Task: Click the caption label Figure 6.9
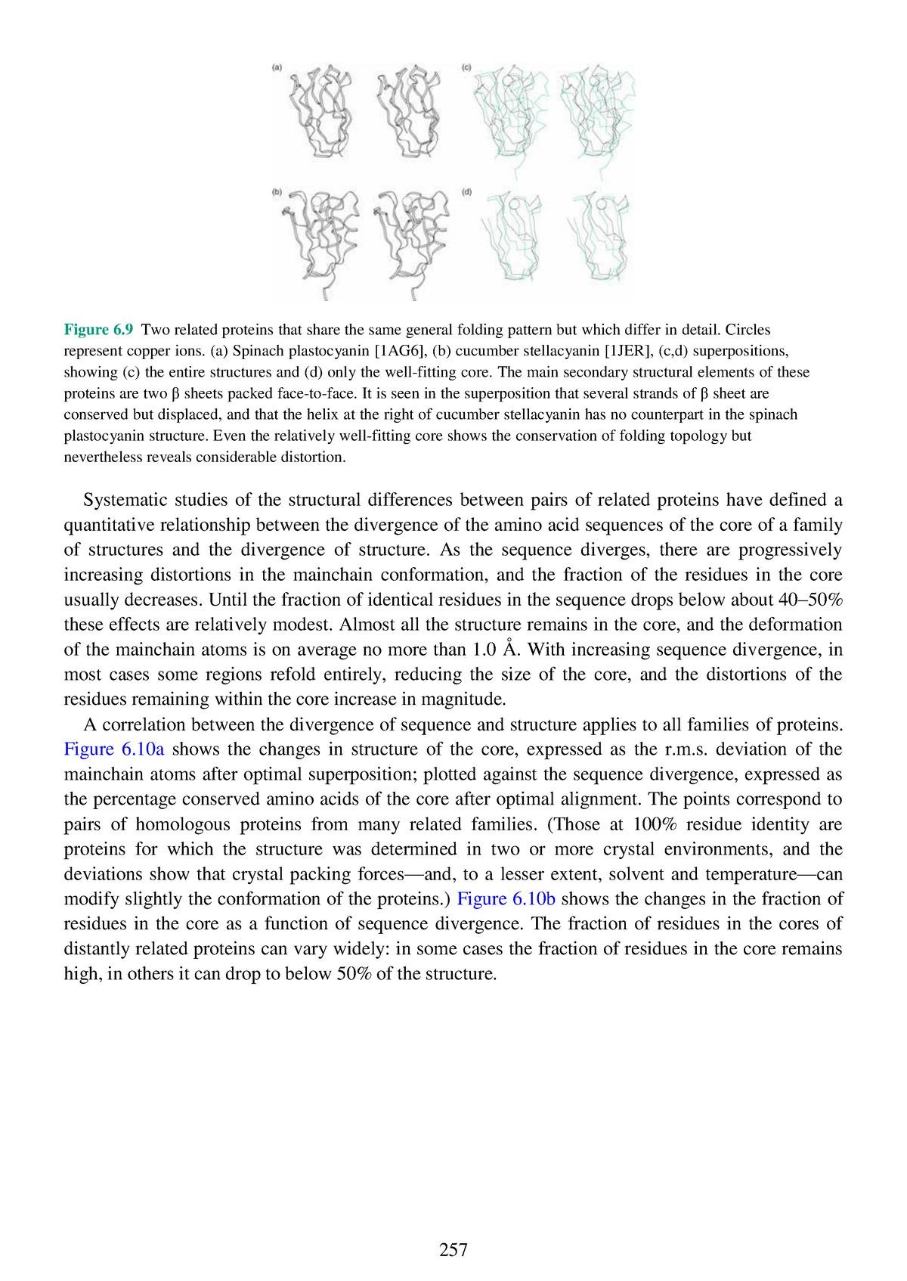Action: (98, 330)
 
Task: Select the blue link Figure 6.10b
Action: (506, 899)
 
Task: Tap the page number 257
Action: (453, 1249)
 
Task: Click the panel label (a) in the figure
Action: (277, 67)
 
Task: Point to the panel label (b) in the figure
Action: (277, 192)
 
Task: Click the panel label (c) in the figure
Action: (466, 67)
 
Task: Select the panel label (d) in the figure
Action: (466, 192)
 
